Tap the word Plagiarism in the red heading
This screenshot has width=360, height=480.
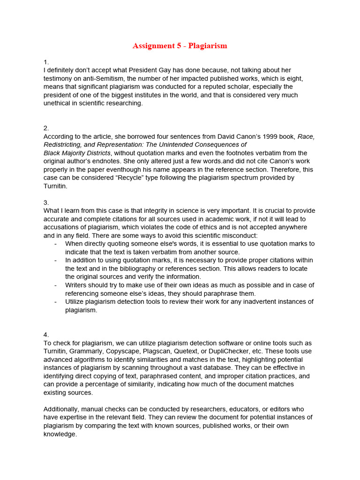[208, 45]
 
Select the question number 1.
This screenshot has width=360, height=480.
[45, 62]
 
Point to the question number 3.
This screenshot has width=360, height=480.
[46, 202]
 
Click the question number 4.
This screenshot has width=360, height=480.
[46, 335]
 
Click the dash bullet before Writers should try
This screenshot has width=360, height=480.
[56, 285]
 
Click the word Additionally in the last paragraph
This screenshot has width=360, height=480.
[63, 409]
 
